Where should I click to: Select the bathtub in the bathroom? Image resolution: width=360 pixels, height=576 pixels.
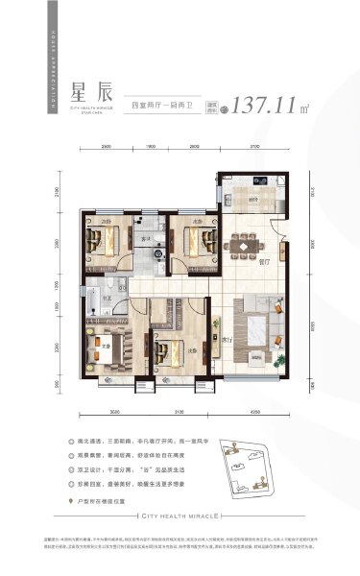point(98,307)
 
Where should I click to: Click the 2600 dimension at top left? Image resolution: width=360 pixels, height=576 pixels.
point(106,146)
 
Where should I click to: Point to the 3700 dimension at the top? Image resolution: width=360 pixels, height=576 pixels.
point(253,146)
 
